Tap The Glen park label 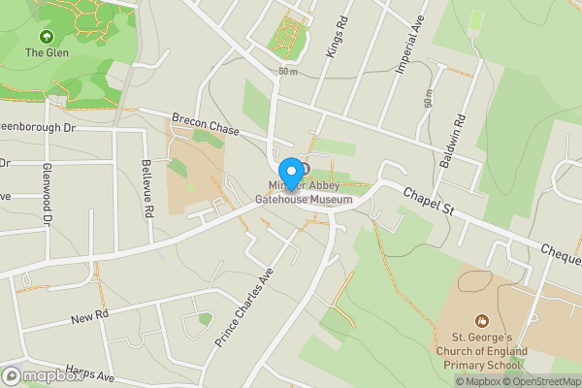[46, 52]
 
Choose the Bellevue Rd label [147, 187]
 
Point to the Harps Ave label [90, 373]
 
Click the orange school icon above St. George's [481, 321]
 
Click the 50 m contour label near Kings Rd [286, 72]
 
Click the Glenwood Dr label [46, 194]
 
